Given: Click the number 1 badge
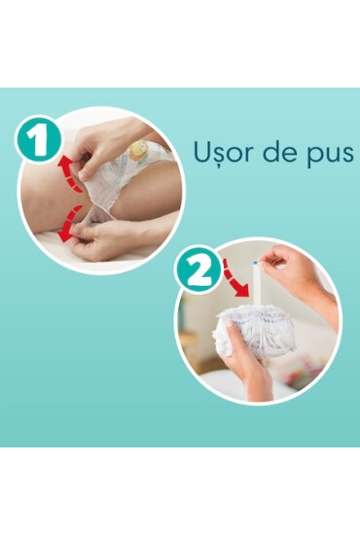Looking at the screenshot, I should (37, 142).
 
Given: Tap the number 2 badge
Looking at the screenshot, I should (198, 271).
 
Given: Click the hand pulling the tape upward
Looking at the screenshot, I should (297, 272).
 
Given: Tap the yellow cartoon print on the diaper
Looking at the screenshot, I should (139, 149).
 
